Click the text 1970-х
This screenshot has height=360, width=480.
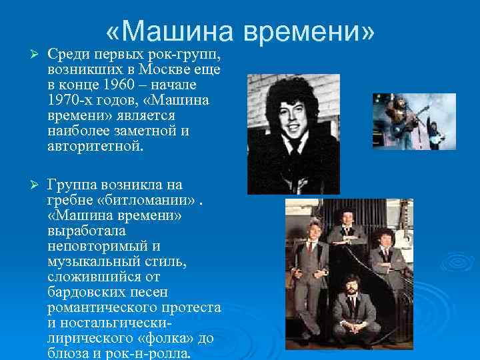pos(71,100)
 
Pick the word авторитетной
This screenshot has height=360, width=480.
pos(95,146)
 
